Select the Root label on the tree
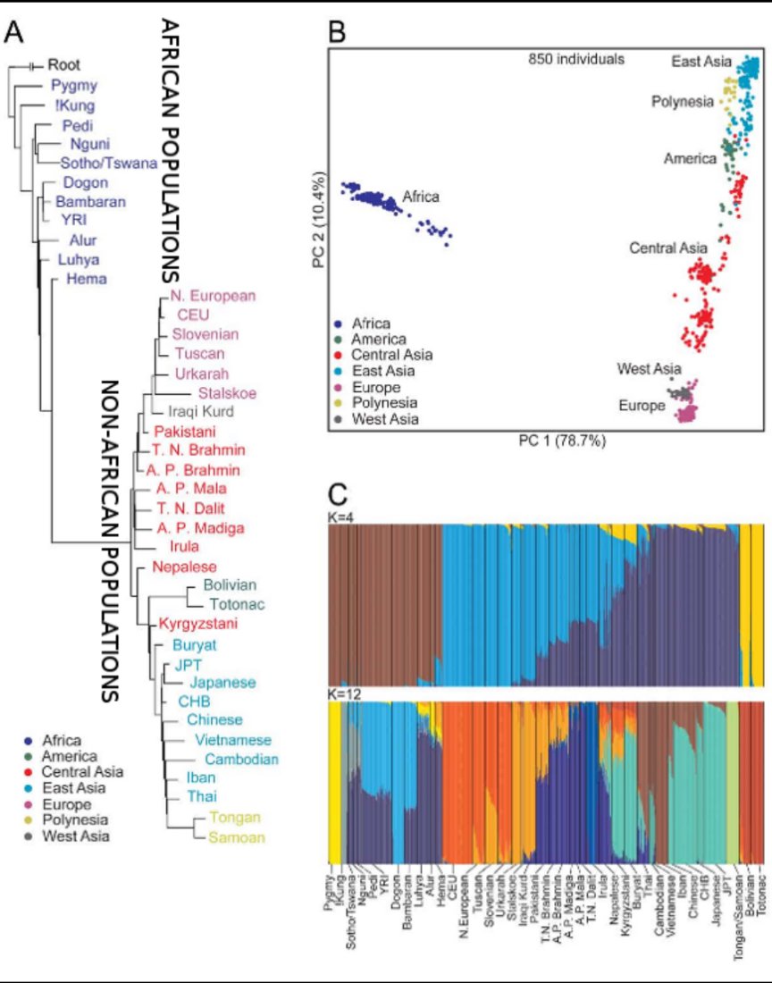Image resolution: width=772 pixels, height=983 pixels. tap(64, 64)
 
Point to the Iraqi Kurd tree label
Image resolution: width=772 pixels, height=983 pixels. tap(200, 412)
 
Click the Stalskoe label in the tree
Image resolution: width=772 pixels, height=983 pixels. tap(213, 392)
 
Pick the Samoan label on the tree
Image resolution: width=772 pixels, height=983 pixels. tap(231, 836)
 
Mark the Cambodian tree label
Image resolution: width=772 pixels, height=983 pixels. tap(237, 759)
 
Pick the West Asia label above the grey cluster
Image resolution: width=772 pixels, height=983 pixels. tap(649, 368)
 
